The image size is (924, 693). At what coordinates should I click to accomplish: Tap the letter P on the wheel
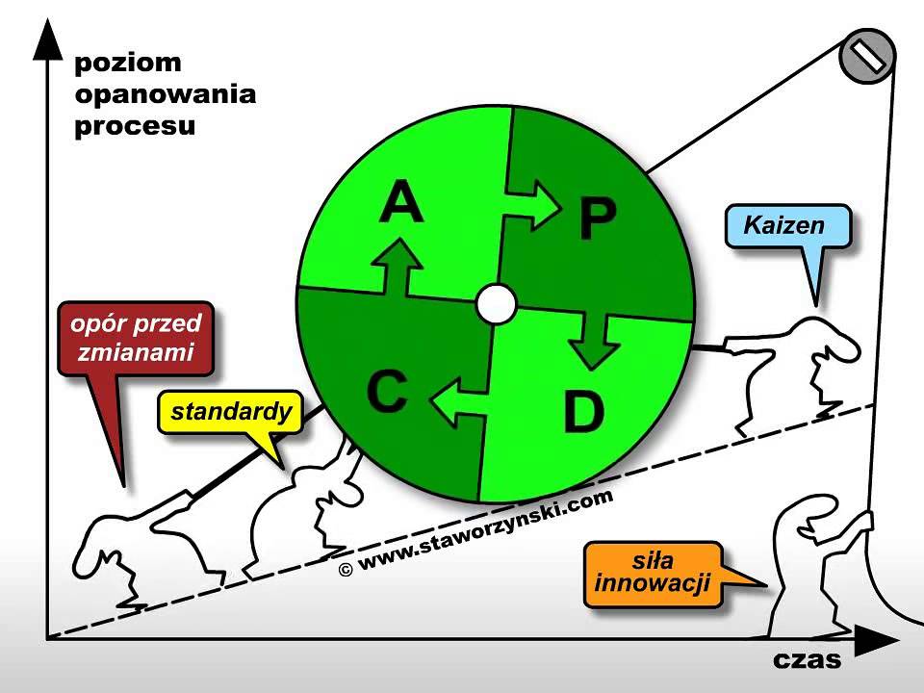tap(597, 219)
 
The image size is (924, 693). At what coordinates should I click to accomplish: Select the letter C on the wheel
tap(387, 393)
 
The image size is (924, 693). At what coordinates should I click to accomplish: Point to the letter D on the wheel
tap(582, 412)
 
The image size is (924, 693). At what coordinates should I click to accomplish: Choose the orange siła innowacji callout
tap(652, 573)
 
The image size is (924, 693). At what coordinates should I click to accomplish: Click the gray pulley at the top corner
tap(867, 57)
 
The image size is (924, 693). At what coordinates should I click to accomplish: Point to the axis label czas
tap(807, 660)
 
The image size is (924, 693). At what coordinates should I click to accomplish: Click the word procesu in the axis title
tap(135, 126)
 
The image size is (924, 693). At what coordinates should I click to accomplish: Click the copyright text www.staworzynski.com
tap(476, 534)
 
